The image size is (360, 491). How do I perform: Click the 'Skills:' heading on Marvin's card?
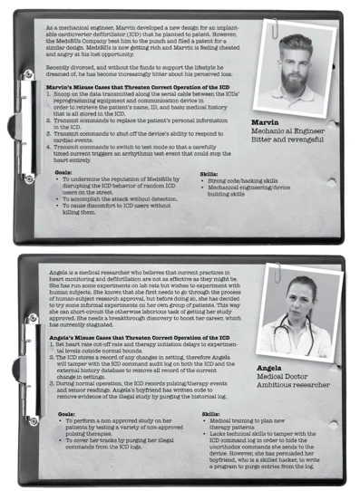(x=209, y=170)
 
